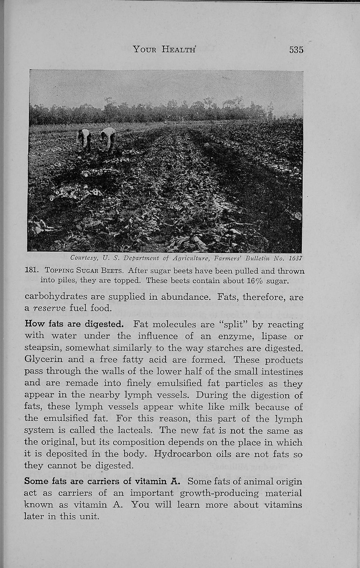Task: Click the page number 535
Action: (296, 50)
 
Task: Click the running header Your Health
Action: (164, 49)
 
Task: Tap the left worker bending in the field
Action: (84, 140)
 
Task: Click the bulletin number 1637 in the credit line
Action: (295, 258)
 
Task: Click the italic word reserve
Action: (50, 308)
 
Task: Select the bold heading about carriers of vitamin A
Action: (102, 481)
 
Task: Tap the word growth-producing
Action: (219, 493)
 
